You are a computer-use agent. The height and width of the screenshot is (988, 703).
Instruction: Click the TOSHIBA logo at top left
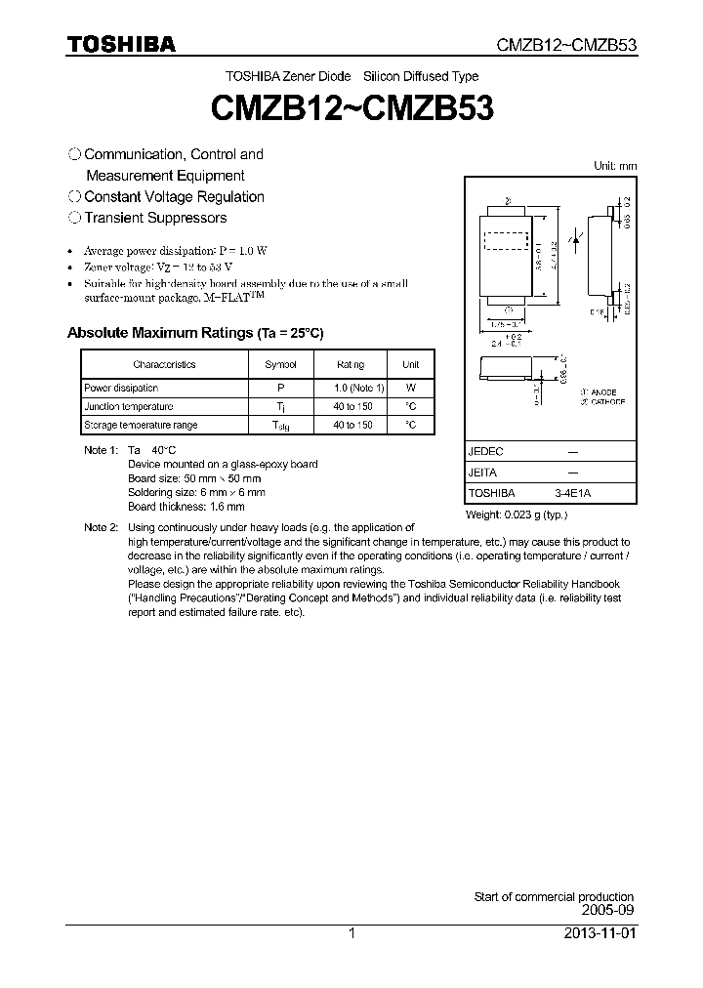tap(121, 44)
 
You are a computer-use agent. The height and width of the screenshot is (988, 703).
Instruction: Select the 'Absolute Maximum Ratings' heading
tap(195, 333)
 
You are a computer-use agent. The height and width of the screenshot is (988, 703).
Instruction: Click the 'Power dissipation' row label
tap(121, 388)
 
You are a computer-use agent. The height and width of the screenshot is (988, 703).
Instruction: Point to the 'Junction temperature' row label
tap(128, 406)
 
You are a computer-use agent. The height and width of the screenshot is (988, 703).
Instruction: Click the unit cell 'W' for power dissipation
tap(411, 388)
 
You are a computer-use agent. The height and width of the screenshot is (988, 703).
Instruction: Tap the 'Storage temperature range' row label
tap(141, 425)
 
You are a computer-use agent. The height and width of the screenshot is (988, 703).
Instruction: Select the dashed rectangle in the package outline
tap(507, 240)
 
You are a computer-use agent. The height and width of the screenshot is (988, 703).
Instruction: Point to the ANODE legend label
tap(602, 391)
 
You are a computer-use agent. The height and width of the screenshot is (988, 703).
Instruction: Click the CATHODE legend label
tap(605, 401)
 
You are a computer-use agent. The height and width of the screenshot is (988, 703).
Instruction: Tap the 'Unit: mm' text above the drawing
tap(615, 166)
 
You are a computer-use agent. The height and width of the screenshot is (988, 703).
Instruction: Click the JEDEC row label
tap(485, 452)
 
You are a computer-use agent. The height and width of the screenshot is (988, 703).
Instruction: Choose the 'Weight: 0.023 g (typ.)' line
tap(517, 515)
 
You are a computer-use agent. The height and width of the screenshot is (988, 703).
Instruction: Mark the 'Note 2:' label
tap(101, 527)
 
